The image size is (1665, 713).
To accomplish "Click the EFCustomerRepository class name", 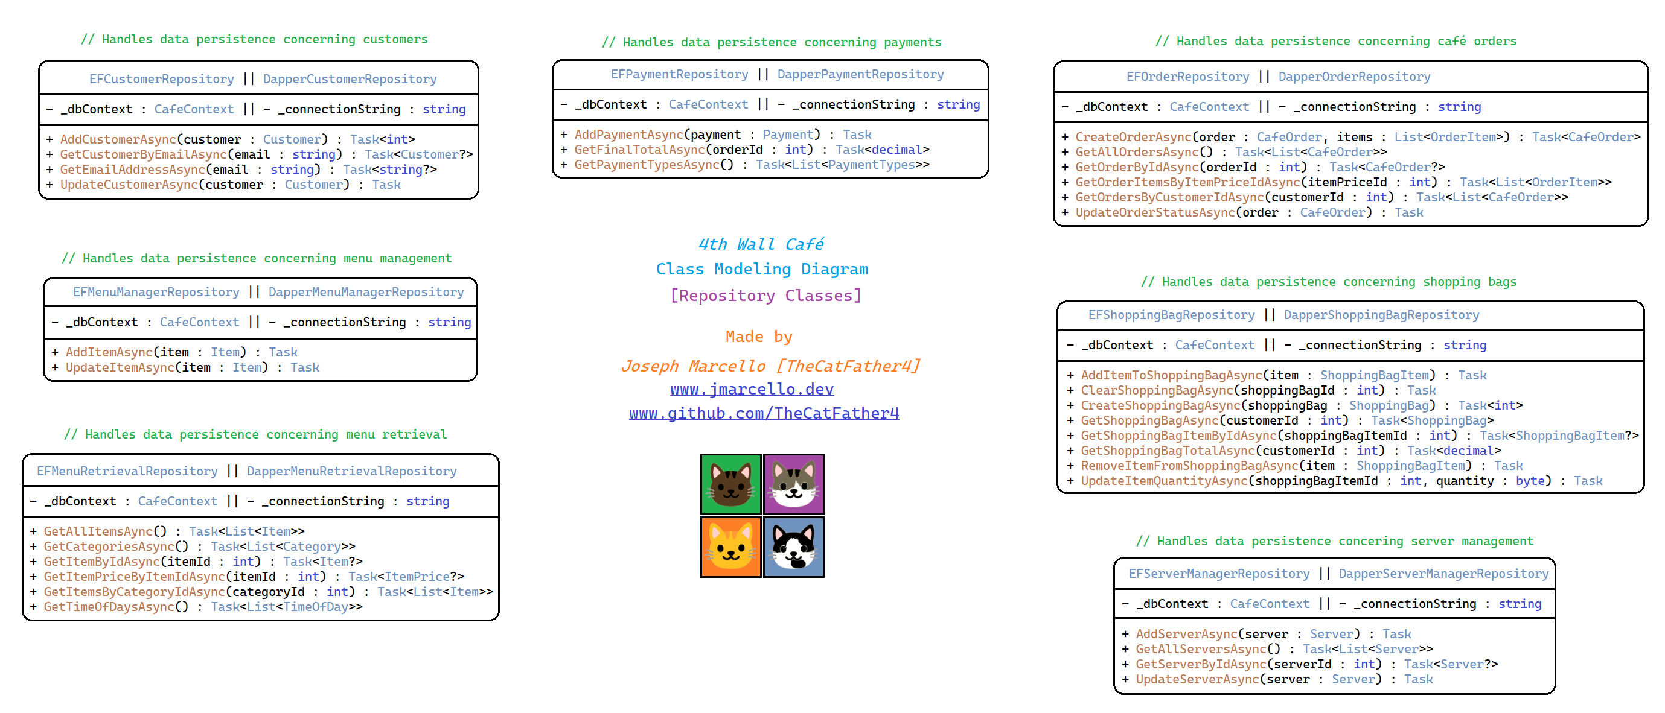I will (162, 79).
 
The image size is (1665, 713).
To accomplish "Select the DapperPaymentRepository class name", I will (860, 74).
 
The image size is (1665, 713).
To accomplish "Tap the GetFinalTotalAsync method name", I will (639, 150).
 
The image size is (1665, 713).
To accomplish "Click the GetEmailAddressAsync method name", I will (132, 170).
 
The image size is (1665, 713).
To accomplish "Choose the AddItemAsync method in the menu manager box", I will (109, 352).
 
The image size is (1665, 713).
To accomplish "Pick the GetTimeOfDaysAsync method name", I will (109, 606).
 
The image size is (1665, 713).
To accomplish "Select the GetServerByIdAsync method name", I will (1201, 664).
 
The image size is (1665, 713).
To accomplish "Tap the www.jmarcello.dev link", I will (752, 389).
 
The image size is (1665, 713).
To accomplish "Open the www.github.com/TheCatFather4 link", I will (764, 413).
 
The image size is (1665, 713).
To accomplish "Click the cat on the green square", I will (730, 484).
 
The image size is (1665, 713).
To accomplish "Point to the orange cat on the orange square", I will (730, 547).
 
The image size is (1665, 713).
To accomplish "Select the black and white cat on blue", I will (794, 547).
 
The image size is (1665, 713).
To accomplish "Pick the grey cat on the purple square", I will (794, 484).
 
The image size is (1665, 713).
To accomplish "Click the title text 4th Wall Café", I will (761, 244).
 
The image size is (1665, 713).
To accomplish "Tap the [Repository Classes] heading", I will (765, 295).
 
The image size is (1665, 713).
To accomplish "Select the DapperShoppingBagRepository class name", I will (1381, 314).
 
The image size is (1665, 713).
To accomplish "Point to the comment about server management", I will (1334, 540).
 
